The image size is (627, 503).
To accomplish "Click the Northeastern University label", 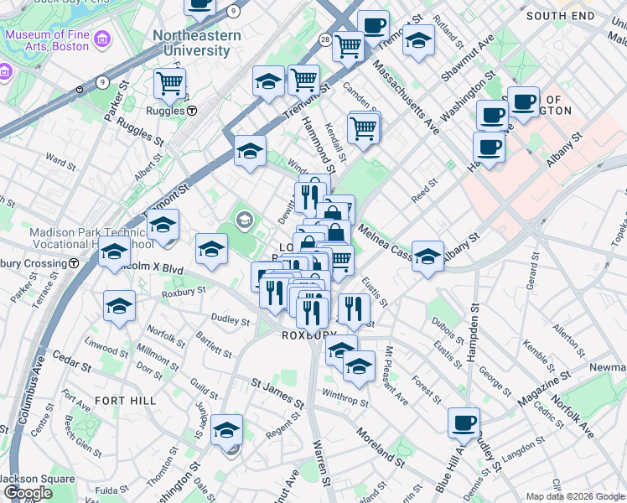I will [x=197, y=43].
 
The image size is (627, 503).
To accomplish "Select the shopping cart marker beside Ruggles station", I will [x=169, y=84].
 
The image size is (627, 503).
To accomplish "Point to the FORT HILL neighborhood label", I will [x=125, y=401].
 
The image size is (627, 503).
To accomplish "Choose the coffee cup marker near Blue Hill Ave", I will [x=464, y=423].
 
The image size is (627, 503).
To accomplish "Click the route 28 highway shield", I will [x=324, y=39].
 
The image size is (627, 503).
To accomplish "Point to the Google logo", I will [x=28, y=493].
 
